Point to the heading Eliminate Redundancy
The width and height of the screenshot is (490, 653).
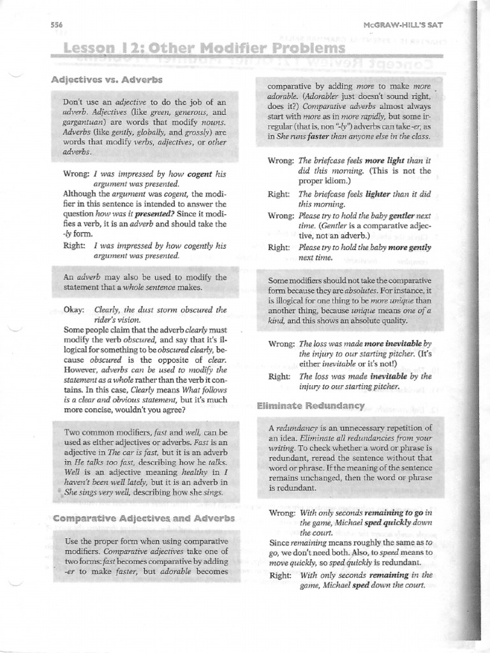[x=310, y=406]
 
